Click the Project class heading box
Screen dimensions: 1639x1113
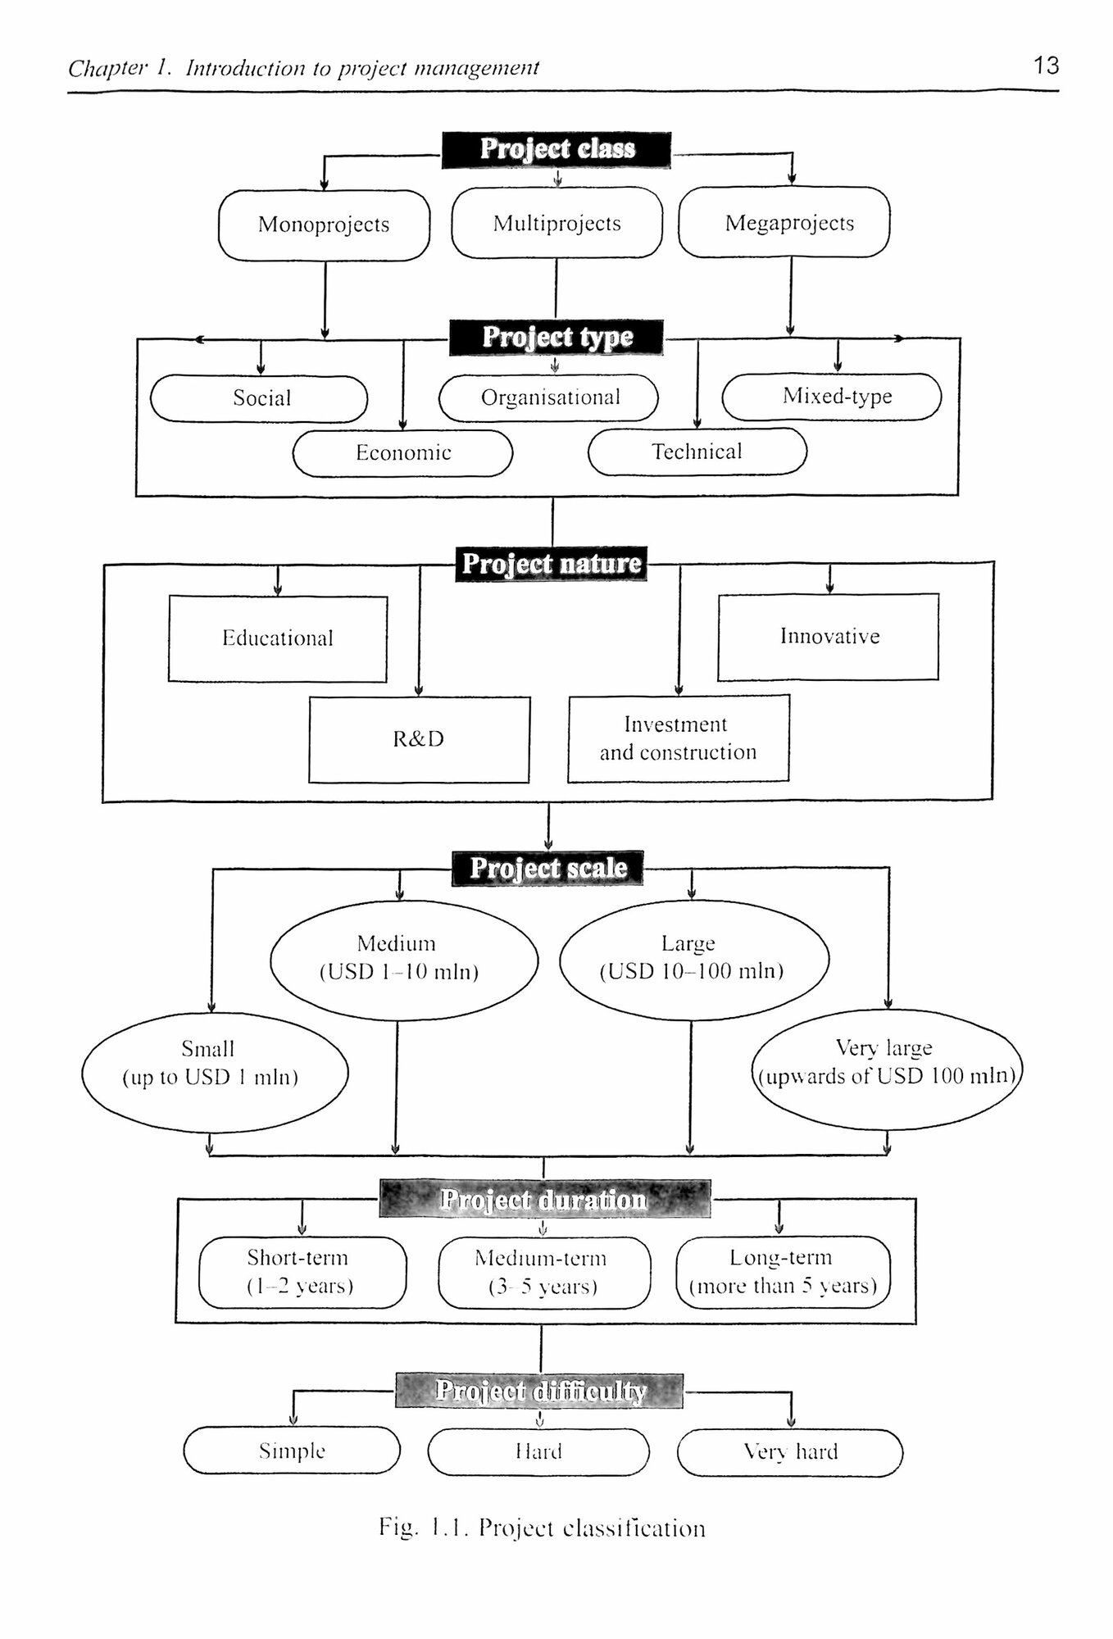click(556, 150)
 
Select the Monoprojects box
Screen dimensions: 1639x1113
click(324, 225)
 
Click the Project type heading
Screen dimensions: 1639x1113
click(556, 338)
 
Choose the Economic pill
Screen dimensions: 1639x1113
click(402, 453)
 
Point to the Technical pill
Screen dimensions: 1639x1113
click(697, 452)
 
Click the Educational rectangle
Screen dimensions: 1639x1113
click(278, 638)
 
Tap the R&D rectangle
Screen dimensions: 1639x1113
click(419, 739)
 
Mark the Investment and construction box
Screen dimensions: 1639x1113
click(679, 738)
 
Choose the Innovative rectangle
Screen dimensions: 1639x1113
click(828, 637)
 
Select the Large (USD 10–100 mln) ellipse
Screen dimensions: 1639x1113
click(693, 960)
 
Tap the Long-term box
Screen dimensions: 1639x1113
click(783, 1272)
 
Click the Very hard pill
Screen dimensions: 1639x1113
click(790, 1452)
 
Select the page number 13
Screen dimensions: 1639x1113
click(1046, 66)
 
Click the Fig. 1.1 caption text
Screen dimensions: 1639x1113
click(542, 1528)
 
